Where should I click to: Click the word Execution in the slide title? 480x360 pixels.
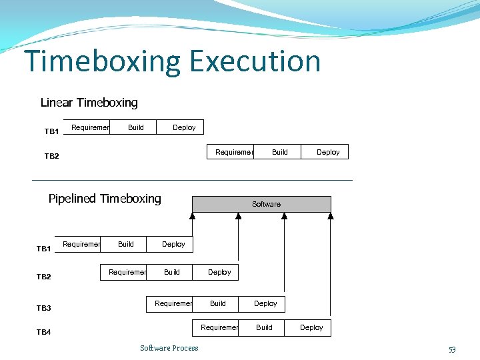(x=255, y=61)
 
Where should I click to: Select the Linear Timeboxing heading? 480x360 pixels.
(x=89, y=103)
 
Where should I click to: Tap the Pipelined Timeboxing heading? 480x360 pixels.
(x=105, y=199)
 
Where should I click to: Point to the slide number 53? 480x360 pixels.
(x=452, y=349)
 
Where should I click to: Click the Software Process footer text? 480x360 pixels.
(x=169, y=348)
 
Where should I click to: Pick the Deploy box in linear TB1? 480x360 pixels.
(x=184, y=127)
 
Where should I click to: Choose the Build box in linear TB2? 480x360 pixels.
(x=280, y=152)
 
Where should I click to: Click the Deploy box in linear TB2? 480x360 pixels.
(x=328, y=152)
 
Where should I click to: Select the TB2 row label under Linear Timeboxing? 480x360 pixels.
(x=52, y=157)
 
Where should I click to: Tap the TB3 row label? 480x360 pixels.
(x=44, y=308)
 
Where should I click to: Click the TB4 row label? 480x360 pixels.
(x=44, y=332)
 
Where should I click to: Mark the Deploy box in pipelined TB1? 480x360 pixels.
(x=173, y=245)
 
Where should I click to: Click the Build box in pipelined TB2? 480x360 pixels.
(x=172, y=272)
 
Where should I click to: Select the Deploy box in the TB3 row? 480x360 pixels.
(x=265, y=303)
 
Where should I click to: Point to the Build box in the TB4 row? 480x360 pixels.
(x=264, y=327)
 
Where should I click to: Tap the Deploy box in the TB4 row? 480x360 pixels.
(x=311, y=327)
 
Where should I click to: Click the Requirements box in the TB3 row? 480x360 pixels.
(x=173, y=303)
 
